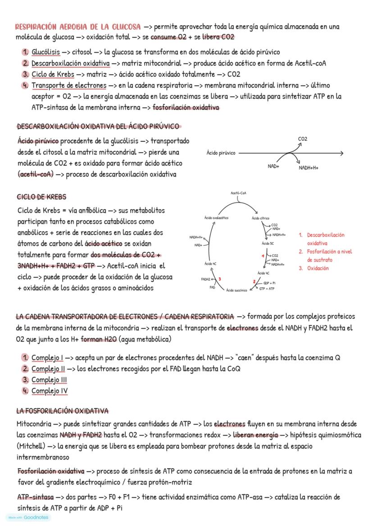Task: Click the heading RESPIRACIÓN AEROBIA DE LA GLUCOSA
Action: click(78, 27)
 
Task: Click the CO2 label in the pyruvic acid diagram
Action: click(302, 139)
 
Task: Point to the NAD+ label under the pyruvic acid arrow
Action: click(273, 166)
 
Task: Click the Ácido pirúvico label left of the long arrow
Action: click(221, 153)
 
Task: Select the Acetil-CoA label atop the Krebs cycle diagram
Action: click(238, 193)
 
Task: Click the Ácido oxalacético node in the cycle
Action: click(216, 218)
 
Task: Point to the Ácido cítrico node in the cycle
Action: click(260, 218)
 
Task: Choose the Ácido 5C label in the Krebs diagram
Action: click(268, 243)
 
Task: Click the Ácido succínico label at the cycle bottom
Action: click(237, 290)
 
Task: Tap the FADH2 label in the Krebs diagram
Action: click(206, 279)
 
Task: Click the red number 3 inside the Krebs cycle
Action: click(219, 279)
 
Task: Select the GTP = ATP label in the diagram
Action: click(267, 288)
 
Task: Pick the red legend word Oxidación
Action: click(318, 268)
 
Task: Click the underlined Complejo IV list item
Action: click(49, 391)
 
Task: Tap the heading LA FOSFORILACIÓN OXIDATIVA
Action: click(62, 411)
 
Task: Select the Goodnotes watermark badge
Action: click(28, 518)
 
